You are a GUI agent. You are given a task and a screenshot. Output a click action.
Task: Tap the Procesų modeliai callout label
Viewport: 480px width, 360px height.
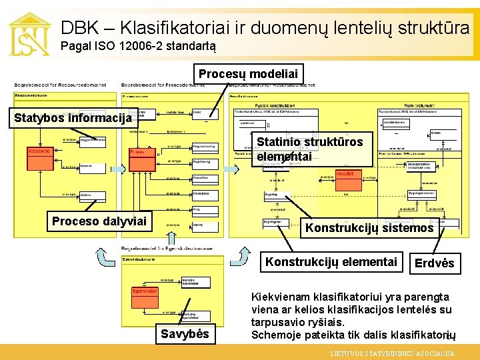coord(248,73)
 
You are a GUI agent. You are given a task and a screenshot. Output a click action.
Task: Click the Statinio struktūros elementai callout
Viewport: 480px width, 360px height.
coord(310,149)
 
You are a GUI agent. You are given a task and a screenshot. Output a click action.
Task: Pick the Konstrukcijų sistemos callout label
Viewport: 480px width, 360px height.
coord(369,228)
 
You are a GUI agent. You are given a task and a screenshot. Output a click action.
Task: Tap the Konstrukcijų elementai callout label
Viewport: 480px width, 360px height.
coord(331,261)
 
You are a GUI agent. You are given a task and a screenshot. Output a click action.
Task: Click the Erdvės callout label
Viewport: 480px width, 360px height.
coord(434,263)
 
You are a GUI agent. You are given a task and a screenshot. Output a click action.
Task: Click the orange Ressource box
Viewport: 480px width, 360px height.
coord(39,151)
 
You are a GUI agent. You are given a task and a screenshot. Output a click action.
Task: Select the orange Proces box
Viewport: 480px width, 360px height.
coord(138,153)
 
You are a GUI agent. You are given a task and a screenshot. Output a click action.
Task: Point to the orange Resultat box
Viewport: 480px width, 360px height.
coord(345,174)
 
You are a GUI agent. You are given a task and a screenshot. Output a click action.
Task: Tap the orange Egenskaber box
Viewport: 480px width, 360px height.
coord(144,291)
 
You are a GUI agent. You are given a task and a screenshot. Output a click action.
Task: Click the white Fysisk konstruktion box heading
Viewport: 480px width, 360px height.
coord(274,105)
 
